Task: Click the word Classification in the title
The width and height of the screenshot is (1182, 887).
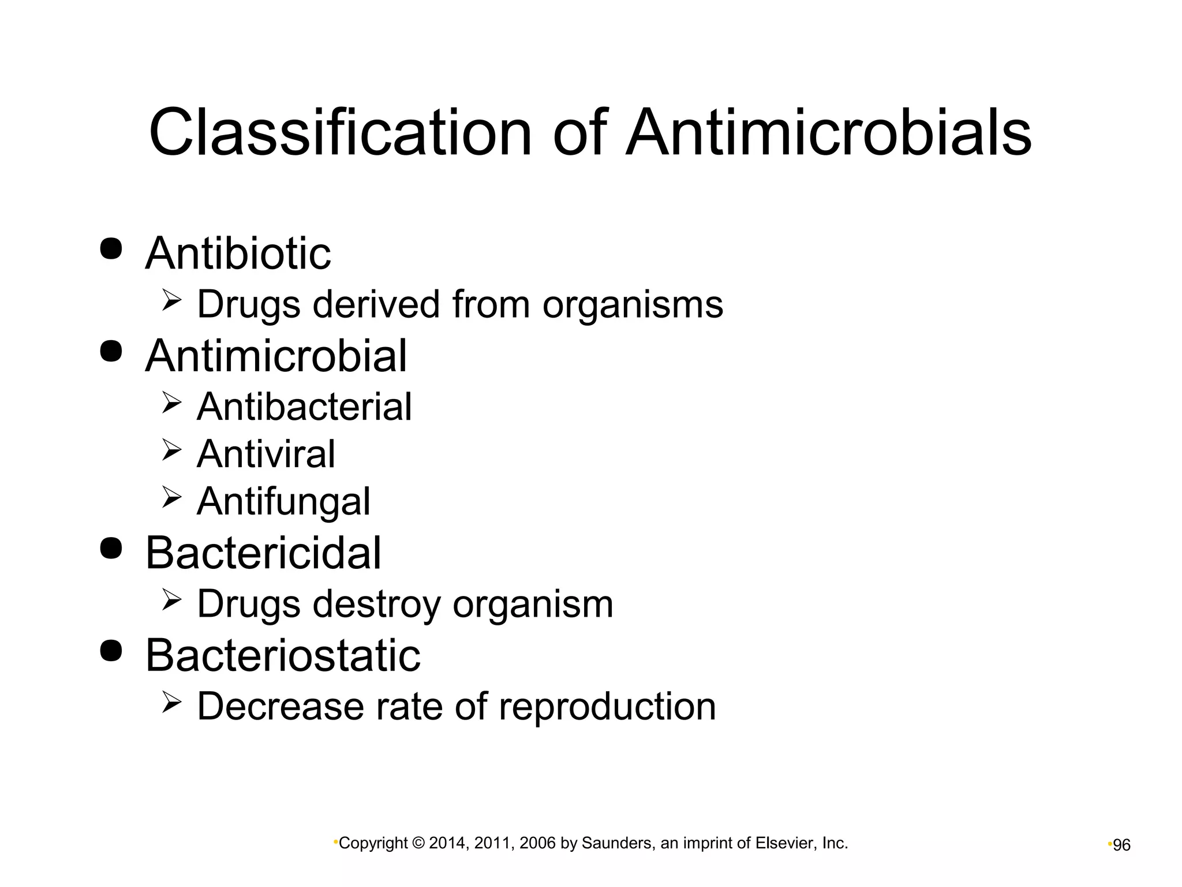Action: click(x=339, y=133)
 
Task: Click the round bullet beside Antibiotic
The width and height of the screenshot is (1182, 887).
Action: click(x=111, y=248)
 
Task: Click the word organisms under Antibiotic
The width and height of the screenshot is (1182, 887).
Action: click(x=633, y=305)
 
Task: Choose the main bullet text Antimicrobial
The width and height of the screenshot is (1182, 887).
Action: click(x=276, y=355)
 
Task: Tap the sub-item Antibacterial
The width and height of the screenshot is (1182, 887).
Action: click(x=304, y=407)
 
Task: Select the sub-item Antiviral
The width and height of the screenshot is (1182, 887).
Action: click(x=265, y=454)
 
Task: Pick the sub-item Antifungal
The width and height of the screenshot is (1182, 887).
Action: click(x=283, y=501)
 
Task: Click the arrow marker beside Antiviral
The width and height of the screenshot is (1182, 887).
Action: click(x=171, y=449)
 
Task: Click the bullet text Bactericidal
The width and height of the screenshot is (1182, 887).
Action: click(x=263, y=553)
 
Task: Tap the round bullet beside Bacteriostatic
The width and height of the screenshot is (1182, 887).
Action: click(x=111, y=650)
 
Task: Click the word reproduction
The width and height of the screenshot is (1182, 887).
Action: click(x=607, y=706)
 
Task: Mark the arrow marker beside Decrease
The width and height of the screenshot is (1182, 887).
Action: click(x=171, y=702)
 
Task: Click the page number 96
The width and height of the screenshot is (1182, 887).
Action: click(x=1121, y=845)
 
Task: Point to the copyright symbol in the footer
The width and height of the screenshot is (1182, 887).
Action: click(x=418, y=843)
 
